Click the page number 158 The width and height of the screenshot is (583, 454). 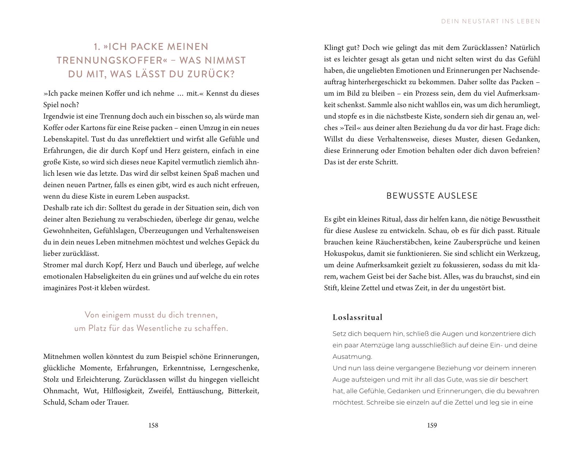[153, 425]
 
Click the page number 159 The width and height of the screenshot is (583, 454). [432, 425]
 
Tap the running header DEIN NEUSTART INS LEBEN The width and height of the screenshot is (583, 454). [490, 21]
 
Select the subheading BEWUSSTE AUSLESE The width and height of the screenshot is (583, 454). [432, 196]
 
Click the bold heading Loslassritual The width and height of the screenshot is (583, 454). [357, 317]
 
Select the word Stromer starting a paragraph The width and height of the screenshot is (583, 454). [56, 265]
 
